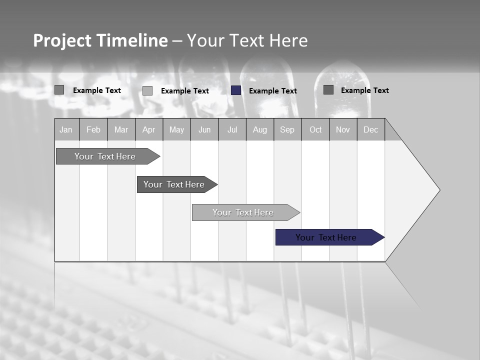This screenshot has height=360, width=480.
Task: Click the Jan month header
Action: [66, 129]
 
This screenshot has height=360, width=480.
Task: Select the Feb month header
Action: [93, 129]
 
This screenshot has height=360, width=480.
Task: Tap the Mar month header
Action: [121, 129]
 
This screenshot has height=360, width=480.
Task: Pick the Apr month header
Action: [149, 129]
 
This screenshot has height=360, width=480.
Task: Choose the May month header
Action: [176, 129]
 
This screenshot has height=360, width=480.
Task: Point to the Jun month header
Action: [204, 129]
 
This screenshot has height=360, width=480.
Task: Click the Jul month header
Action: [232, 129]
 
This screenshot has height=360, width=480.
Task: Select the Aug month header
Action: [260, 129]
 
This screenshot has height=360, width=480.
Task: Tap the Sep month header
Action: [287, 129]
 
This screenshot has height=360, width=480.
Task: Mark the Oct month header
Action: [315, 129]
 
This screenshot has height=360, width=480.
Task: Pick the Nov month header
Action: [343, 129]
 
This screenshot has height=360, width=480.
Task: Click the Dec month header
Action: [371, 129]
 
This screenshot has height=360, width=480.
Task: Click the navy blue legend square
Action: [236, 90]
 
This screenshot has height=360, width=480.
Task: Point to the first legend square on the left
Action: [59, 90]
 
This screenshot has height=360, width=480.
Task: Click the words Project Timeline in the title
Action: [100, 40]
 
